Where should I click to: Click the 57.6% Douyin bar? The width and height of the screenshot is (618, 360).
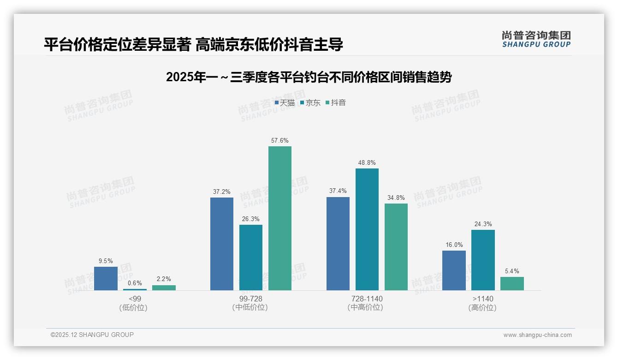(x=280, y=218)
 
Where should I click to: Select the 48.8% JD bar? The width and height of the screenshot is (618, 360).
(x=367, y=229)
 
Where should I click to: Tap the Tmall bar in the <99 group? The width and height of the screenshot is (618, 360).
(x=106, y=278)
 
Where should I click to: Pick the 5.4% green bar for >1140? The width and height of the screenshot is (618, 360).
(x=512, y=283)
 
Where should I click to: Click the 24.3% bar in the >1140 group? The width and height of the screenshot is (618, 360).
(x=483, y=260)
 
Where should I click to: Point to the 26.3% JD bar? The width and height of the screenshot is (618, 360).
(x=251, y=258)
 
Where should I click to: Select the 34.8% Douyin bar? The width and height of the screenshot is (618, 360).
(x=396, y=247)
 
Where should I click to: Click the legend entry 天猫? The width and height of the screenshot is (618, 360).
(x=285, y=102)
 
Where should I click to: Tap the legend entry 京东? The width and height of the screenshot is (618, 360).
(x=310, y=102)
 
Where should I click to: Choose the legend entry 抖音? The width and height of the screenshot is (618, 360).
(x=336, y=102)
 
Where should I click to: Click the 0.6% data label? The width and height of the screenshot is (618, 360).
(x=135, y=283)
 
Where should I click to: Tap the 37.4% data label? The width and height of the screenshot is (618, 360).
(x=338, y=191)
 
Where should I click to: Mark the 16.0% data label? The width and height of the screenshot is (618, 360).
(x=454, y=245)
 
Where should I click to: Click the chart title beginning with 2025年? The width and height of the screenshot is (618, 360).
(x=309, y=77)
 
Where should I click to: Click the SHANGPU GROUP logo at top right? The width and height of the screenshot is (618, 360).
(x=536, y=39)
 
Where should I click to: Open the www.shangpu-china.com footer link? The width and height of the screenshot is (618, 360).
(x=537, y=335)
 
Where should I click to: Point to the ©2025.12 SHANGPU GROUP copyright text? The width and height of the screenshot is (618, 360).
(x=92, y=335)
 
